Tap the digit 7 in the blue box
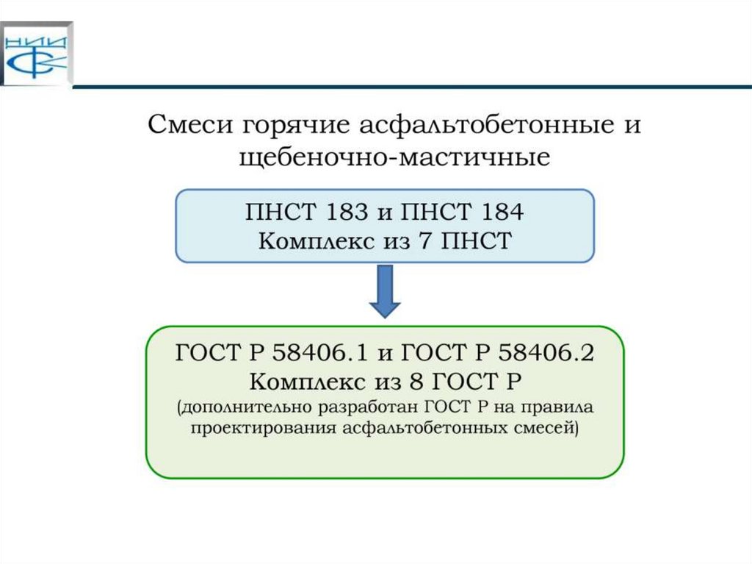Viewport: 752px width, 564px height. coord(433,241)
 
